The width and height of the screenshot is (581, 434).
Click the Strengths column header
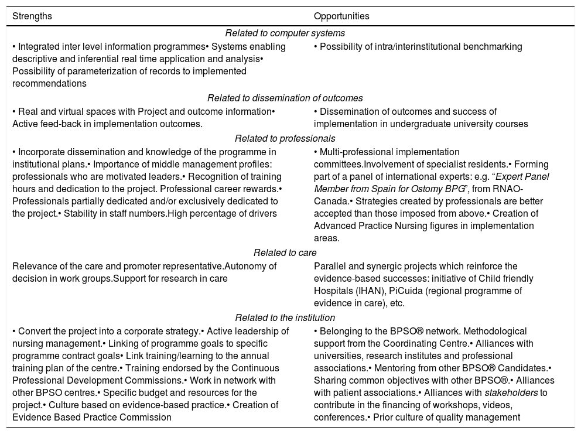pyautogui.click(x=32, y=16)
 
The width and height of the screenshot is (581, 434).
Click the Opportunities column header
pyautogui.click(x=341, y=16)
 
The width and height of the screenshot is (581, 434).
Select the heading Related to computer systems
pyautogui.click(x=285, y=33)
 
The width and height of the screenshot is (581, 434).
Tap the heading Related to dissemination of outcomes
pyautogui.click(x=285, y=98)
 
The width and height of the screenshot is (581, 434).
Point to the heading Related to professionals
pyautogui.click(x=285, y=139)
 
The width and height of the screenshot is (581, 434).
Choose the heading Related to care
pyautogui.click(x=285, y=253)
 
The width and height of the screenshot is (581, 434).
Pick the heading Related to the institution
pyautogui.click(x=285, y=318)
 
